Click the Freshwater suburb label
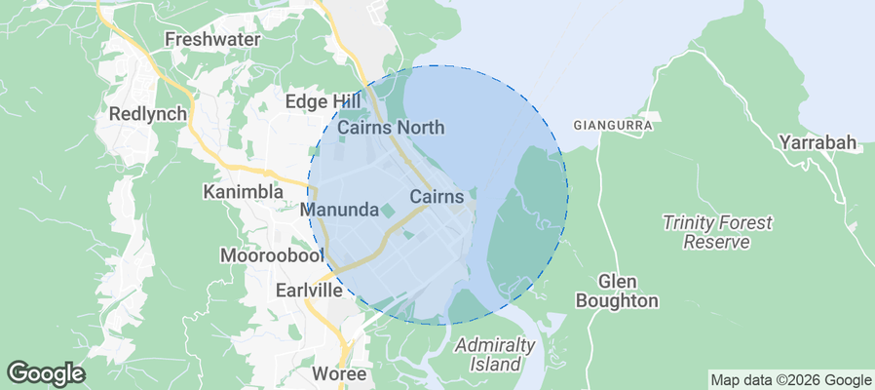coord(212,40)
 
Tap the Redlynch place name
coord(148,113)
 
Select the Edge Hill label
coord(323,101)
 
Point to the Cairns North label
coord(391,127)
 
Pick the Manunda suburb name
coord(339,210)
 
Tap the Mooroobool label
coord(271,256)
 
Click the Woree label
coord(339,373)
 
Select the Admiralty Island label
coord(495,354)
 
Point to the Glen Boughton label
coord(617,290)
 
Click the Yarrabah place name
coord(818,143)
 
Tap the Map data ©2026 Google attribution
coord(790,380)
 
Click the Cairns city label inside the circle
coord(437,197)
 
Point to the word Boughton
coord(617,301)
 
